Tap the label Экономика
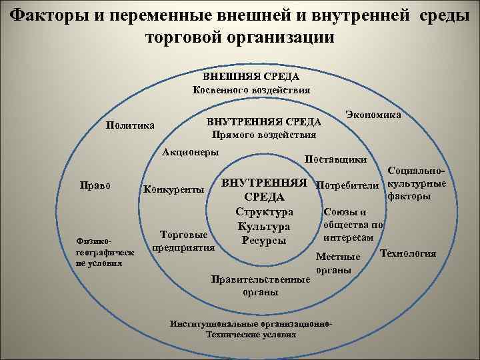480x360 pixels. click(x=373, y=115)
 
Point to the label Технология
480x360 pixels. click(x=408, y=253)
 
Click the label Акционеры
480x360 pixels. click(x=191, y=152)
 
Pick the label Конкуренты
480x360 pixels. click(x=174, y=189)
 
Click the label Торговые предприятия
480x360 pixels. click(x=184, y=241)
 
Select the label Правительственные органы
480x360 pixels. click(x=260, y=285)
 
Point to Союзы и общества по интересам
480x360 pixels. click(x=352, y=224)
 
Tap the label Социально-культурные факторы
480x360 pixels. click(x=417, y=183)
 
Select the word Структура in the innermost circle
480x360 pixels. click(x=264, y=211)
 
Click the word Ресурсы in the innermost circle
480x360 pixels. click(x=264, y=239)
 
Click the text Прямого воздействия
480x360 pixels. click(x=263, y=135)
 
